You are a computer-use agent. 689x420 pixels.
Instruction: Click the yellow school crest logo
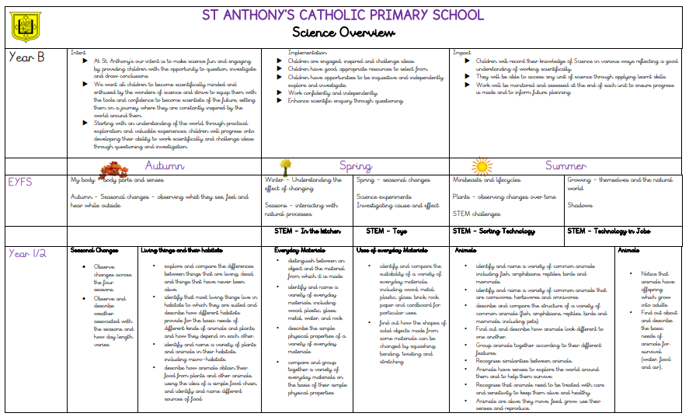click(x=26, y=27)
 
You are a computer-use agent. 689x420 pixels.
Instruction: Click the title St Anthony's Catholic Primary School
click(x=343, y=15)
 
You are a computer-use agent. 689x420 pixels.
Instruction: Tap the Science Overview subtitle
click(x=343, y=33)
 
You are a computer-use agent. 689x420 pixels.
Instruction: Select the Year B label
click(x=26, y=57)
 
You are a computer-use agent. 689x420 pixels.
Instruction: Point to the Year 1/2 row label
click(x=28, y=254)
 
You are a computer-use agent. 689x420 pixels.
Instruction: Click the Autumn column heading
click(x=165, y=165)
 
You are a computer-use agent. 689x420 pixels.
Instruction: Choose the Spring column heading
click(x=356, y=165)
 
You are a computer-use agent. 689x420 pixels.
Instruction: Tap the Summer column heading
click(x=565, y=165)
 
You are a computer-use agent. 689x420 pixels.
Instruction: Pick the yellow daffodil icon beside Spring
click(x=285, y=166)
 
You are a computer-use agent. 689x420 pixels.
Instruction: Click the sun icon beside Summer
click(x=482, y=166)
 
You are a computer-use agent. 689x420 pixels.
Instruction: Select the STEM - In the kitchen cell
click(x=308, y=231)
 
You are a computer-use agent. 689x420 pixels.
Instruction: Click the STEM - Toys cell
click(x=387, y=231)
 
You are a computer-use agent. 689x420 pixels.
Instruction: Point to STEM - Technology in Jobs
click(x=608, y=231)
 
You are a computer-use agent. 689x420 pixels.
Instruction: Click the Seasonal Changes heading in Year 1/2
click(x=94, y=251)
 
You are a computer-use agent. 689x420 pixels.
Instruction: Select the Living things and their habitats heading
click(x=180, y=251)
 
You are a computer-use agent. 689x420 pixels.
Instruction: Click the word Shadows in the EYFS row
click(x=579, y=206)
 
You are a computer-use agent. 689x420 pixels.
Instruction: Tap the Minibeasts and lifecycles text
click(x=486, y=179)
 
